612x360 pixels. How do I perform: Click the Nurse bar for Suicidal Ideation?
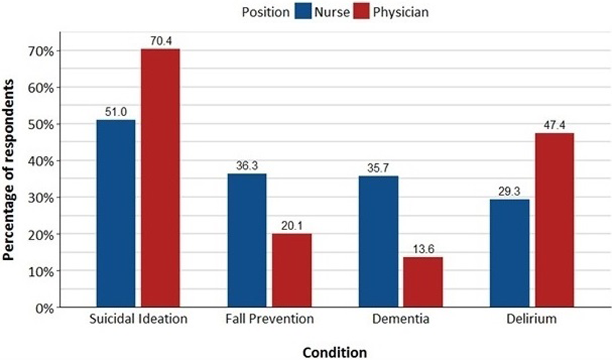(116, 213)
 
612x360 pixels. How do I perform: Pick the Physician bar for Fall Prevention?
(292, 270)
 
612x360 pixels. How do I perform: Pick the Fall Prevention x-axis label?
(270, 320)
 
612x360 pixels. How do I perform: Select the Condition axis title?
(334, 352)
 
